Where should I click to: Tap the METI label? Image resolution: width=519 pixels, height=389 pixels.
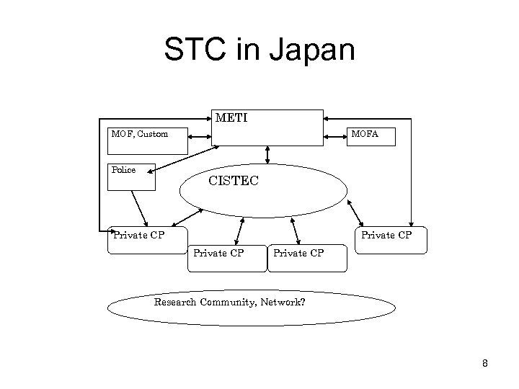click(231, 117)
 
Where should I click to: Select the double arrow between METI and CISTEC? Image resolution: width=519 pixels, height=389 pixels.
click(267, 155)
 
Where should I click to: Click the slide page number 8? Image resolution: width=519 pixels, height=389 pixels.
click(485, 364)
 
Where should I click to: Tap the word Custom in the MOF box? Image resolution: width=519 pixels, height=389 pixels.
click(154, 133)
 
